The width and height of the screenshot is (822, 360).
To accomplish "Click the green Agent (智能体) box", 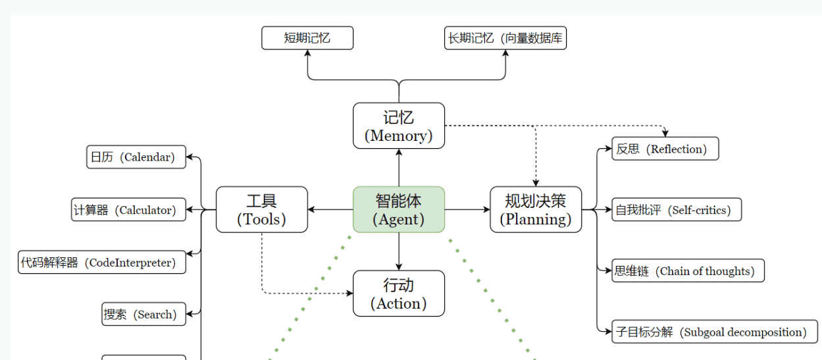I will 399,209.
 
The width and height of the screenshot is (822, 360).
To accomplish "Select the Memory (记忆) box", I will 399,126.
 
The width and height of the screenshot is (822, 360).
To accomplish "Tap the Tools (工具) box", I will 262,209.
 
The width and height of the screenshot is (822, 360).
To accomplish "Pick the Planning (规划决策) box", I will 536,209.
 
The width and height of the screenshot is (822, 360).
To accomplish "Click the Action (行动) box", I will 399,294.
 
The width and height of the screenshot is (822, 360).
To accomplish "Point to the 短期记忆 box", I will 307,38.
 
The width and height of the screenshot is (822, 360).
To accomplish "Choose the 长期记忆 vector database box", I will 505,38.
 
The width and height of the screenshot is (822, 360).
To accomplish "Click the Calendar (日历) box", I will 136,157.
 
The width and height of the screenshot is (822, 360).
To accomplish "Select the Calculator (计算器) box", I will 129,210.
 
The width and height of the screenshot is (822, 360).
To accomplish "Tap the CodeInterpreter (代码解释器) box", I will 102,263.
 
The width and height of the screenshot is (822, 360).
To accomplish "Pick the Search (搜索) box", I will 144,315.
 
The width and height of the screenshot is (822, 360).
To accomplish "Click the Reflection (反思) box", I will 665,149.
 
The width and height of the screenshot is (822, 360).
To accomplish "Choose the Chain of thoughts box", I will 688,270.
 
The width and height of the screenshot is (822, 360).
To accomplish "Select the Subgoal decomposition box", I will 715,332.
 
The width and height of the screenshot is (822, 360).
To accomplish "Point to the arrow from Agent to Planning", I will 467,210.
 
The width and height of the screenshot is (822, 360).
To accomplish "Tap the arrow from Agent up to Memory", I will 399,168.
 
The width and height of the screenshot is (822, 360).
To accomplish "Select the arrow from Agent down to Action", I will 399,251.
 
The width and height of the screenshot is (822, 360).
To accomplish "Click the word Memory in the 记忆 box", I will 399,136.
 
